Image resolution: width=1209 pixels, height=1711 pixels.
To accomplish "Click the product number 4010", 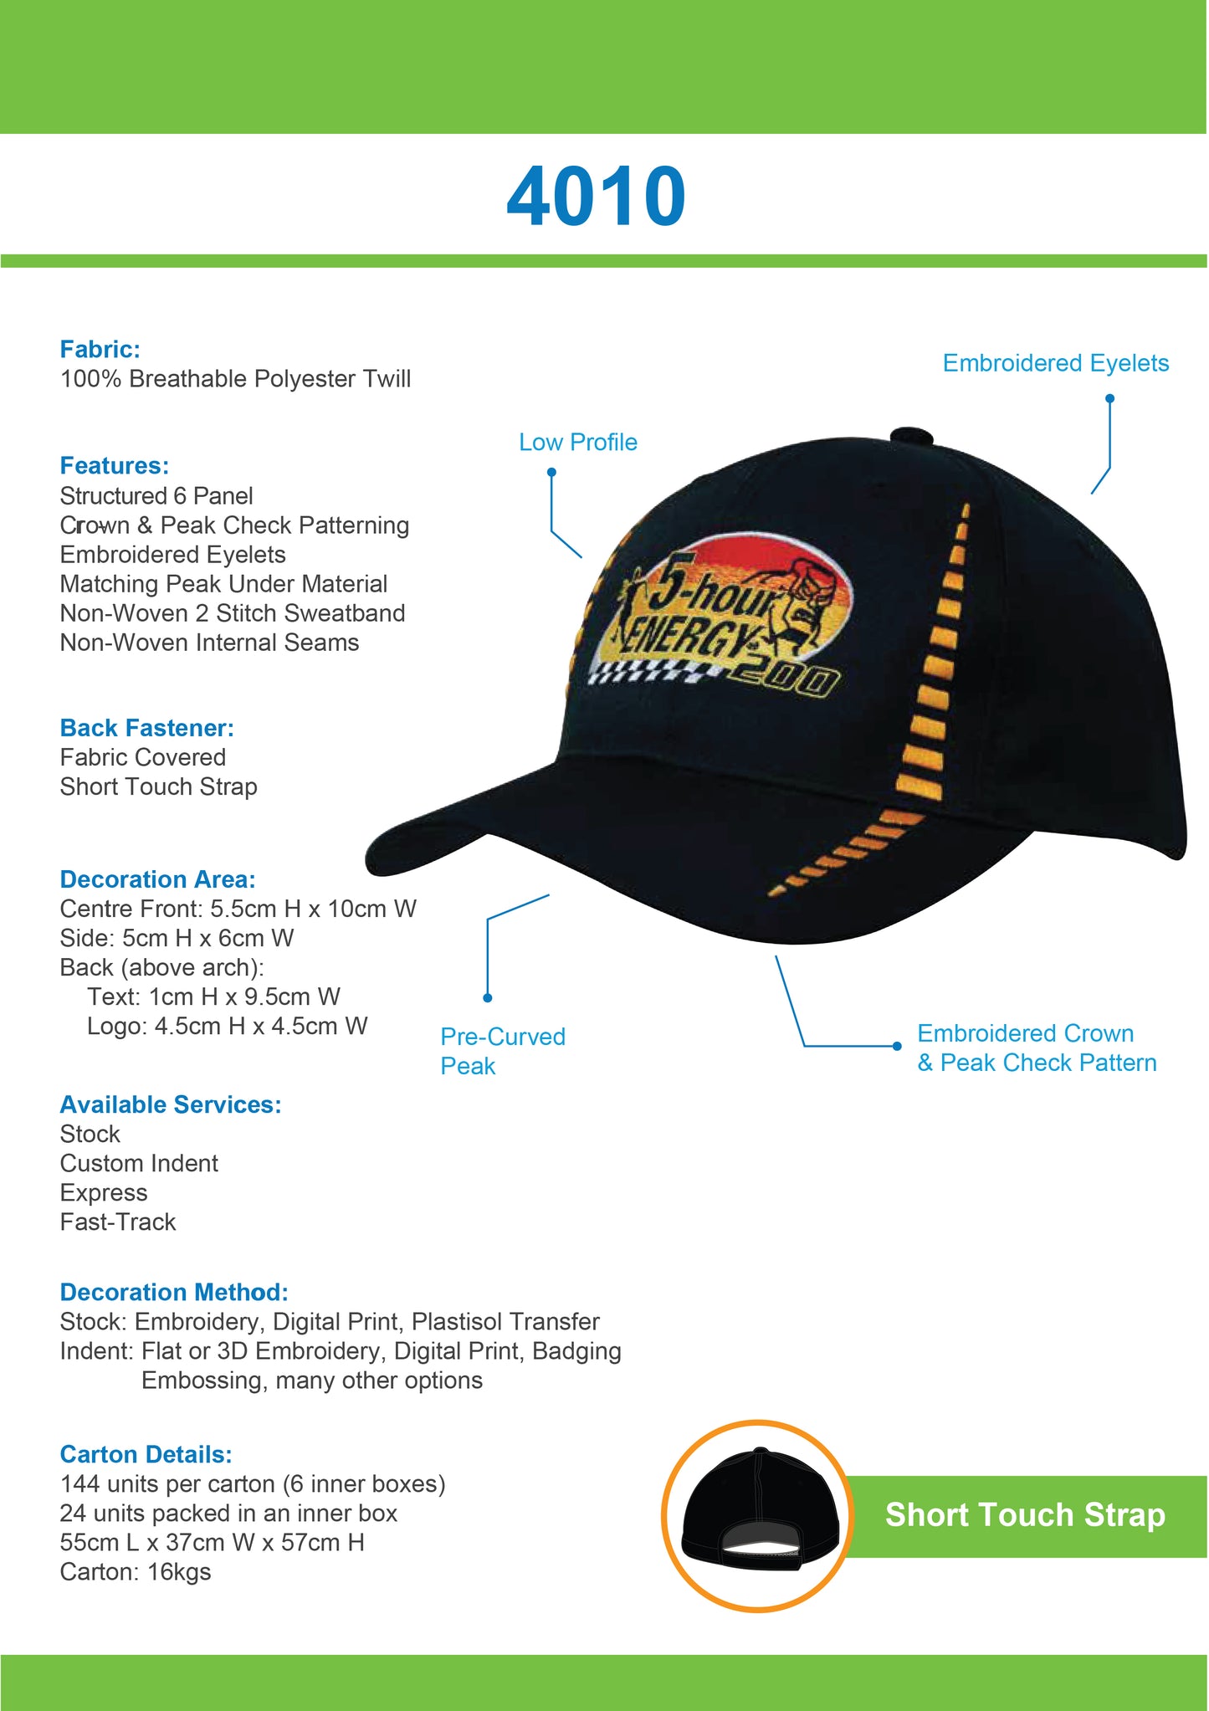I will tap(596, 197).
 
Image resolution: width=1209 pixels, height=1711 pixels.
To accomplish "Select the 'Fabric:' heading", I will tap(100, 349).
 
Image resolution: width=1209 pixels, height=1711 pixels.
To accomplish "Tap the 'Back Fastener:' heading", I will tap(146, 728).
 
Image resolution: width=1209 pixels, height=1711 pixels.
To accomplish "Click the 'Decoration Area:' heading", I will tap(157, 879).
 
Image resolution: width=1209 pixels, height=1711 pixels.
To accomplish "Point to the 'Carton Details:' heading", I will tap(146, 1454).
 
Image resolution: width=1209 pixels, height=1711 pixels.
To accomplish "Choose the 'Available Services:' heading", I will tap(171, 1104).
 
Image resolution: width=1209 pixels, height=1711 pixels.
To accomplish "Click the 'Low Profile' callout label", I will tap(577, 442).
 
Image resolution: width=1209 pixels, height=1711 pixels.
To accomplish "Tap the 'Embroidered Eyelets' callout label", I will tap(1055, 363).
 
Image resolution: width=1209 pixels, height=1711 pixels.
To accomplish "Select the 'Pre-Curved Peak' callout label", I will tap(502, 1051).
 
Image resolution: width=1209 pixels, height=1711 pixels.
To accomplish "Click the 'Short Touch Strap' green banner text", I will tap(1025, 1515).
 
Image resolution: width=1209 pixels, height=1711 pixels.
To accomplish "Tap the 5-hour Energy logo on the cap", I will tap(720, 619).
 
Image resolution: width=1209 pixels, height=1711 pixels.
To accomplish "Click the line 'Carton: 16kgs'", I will tap(136, 1572).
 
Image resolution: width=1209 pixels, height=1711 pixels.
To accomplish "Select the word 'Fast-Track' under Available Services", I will tap(118, 1222).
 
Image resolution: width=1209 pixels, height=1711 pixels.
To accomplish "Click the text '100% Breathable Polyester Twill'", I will tap(235, 379).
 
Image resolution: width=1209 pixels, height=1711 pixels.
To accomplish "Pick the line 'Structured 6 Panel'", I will tap(156, 496).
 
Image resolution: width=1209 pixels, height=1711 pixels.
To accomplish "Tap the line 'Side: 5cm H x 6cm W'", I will tap(177, 938).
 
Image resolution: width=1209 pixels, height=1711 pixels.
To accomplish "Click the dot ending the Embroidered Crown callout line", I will tap(897, 1046).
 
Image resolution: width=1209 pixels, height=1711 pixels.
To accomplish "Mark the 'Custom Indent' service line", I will tap(139, 1164).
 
